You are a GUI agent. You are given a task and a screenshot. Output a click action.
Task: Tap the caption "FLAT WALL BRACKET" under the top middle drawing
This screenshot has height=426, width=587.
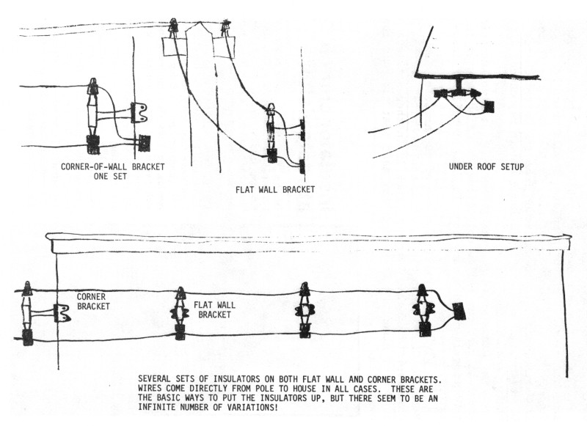pos(275,189)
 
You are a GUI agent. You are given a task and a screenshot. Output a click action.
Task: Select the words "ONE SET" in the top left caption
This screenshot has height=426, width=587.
pos(112,176)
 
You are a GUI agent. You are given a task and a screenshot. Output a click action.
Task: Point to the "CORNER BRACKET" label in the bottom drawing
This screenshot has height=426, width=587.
pos(93,301)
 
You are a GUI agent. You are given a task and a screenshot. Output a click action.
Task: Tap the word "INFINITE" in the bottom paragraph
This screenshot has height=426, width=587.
pos(166,407)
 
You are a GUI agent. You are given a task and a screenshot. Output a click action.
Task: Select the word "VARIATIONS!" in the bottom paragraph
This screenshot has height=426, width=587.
pos(266,407)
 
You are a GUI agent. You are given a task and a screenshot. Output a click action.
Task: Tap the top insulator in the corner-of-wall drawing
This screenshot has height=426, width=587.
pos(93,89)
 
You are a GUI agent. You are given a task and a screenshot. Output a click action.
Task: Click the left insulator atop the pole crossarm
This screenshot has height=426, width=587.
pos(174,27)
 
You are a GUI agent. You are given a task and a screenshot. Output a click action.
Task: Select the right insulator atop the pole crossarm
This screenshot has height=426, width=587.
pos(225,27)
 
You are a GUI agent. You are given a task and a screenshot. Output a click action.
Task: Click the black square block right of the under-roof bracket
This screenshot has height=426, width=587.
pos(489,106)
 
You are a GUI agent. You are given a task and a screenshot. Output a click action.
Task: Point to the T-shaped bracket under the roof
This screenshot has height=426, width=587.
pos(457,88)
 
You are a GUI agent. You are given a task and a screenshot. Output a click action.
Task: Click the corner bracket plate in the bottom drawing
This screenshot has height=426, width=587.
pos(62,313)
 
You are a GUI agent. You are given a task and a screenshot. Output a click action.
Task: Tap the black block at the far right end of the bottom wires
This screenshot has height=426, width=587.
pos(459,312)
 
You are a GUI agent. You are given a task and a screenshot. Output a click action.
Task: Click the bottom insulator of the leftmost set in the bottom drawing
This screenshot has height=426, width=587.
pos(28,337)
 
